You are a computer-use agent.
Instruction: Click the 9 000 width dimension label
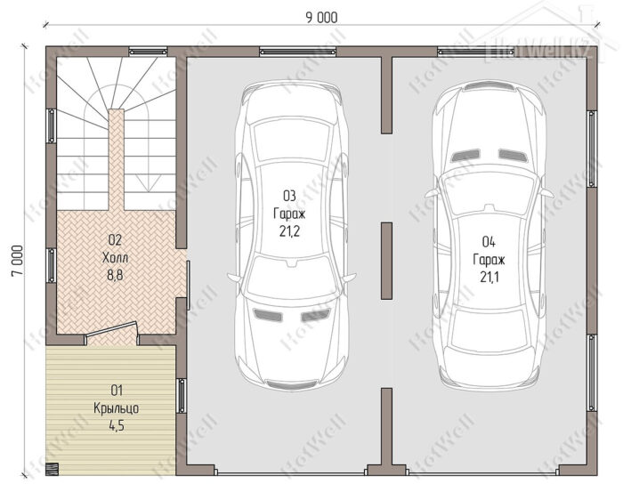click(x=321, y=18)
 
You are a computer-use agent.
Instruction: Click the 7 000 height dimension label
click(x=18, y=261)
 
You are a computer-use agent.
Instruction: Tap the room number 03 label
click(x=289, y=196)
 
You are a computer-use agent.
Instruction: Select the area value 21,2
click(x=289, y=231)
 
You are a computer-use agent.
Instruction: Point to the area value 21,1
click(x=489, y=277)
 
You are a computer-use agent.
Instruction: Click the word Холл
click(x=115, y=258)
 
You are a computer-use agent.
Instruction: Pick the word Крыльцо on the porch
click(x=117, y=408)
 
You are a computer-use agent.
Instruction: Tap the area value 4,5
click(x=117, y=425)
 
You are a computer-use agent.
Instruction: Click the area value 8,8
click(x=115, y=275)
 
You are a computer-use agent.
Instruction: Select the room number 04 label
click(x=489, y=241)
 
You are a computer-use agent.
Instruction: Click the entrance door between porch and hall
click(x=111, y=331)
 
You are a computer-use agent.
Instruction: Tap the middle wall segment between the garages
click(x=386, y=261)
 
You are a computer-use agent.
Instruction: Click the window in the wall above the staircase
click(x=149, y=52)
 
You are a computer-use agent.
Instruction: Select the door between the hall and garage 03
click(x=189, y=285)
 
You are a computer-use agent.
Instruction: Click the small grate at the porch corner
click(x=52, y=469)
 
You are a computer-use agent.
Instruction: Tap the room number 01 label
click(x=117, y=391)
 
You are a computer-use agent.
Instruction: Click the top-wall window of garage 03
click(x=297, y=52)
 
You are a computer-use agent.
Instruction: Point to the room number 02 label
click(x=115, y=240)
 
